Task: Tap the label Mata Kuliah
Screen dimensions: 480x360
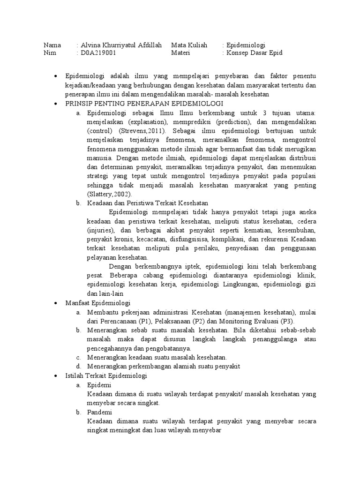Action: coord(189,45)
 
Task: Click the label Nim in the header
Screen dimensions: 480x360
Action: coord(49,53)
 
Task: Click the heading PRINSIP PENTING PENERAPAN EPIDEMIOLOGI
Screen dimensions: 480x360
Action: coord(144,103)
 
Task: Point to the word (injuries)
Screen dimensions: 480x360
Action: coord(101,230)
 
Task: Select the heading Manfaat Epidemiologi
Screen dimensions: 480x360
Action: coord(98,303)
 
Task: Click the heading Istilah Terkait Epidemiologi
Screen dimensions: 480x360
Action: coord(106,376)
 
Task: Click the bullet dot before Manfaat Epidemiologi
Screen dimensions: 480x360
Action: coord(56,303)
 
